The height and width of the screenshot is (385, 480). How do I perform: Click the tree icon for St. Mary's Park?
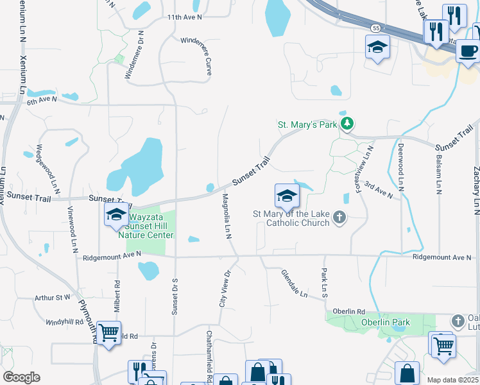click(x=347, y=123)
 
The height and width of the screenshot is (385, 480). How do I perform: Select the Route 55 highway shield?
click(x=375, y=28)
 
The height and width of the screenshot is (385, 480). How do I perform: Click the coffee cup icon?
click(x=467, y=50)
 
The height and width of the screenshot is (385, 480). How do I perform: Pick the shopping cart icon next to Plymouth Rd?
click(x=109, y=333)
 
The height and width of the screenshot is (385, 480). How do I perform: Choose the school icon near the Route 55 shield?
click(x=377, y=46)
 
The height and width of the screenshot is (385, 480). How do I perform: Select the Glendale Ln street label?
click(x=295, y=283)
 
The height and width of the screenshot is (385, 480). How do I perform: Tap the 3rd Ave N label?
click(x=377, y=191)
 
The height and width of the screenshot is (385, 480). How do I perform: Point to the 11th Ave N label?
click(x=184, y=17)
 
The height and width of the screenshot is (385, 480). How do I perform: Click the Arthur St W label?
click(x=53, y=298)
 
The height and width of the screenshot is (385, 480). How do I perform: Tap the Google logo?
click(x=21, y=377)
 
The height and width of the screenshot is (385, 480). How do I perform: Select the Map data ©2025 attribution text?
click(x=452, y=380)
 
